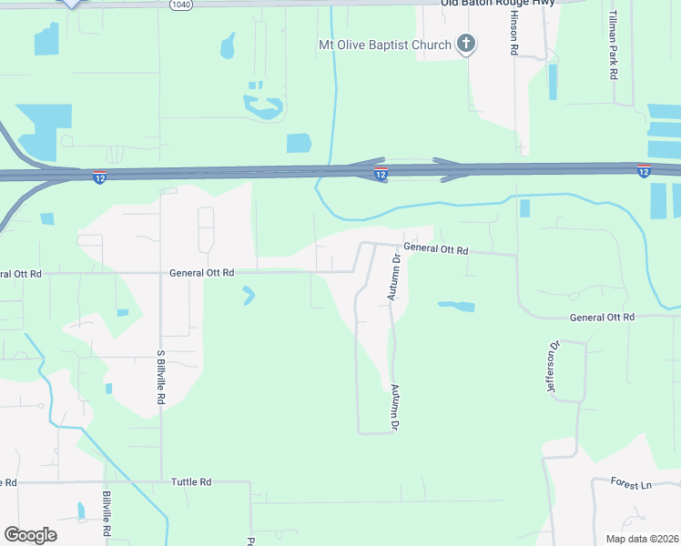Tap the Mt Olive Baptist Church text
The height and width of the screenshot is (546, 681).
click(384, 45)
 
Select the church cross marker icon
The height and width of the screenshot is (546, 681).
click(466, 44)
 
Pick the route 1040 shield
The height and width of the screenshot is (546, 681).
click(181, 5)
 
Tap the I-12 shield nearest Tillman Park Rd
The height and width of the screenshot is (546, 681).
click(644, 170)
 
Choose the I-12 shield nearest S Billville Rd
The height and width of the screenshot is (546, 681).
click(97, 174)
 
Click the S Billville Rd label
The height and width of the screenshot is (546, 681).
click(160, 376)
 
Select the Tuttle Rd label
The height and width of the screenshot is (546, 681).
click(191, 481)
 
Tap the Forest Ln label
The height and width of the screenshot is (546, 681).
click(632, 484)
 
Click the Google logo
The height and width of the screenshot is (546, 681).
click(30, 535)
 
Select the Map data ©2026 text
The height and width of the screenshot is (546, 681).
click(642, 539)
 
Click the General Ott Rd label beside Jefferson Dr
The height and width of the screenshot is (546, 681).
click(601, 317)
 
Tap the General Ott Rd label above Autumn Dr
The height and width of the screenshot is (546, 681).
click(435, 248)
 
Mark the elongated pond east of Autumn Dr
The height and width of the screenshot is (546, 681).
click(456, 306)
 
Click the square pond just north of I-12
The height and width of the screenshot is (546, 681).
click(299, 143)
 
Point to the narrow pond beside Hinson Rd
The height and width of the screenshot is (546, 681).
click(553, 81)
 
